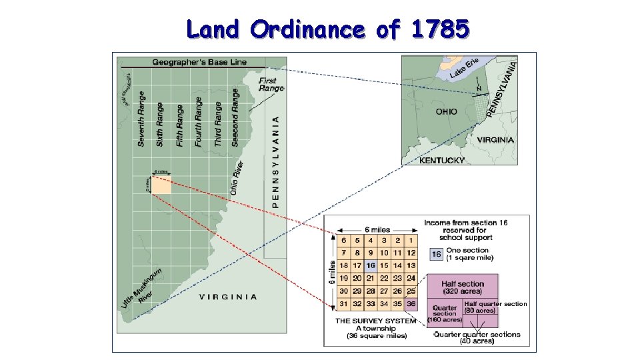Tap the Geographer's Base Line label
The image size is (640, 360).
click(x=199, y=63)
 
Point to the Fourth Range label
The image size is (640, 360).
click(x=199, y=121)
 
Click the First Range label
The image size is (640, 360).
click(x=271, y=84)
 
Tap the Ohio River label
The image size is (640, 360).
click(x=237, y=178)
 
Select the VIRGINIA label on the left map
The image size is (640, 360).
click(x=228, y=297)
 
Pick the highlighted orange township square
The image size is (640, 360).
click(x=161, y=185)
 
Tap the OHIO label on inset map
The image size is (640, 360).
click(x=446, y=111)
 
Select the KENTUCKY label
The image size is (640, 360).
click(x=441, y=161)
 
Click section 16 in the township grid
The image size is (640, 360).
click(x=371, y=265)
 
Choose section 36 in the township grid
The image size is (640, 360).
click(x=411, y=304)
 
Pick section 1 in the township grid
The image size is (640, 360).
click(x=411, y=240)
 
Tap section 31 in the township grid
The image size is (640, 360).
click(x=344, y=304)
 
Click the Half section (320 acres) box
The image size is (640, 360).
click(x=463, y=287)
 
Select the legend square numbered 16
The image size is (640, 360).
click(x=436, y=254)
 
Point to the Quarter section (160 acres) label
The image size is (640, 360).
click(x=444, y=313)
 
